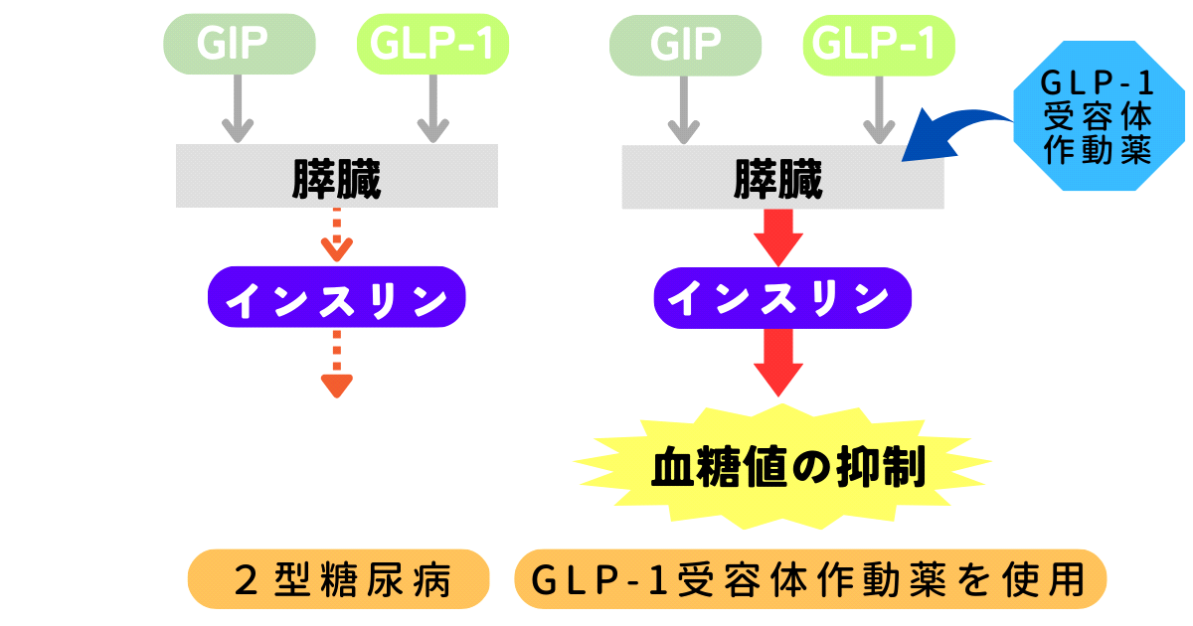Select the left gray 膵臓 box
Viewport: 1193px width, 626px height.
pos(336,177)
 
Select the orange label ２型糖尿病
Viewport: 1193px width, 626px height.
pos(339,579)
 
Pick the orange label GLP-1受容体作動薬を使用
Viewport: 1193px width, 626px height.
pos(810,579)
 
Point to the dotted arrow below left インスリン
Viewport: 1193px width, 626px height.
pos(337,363)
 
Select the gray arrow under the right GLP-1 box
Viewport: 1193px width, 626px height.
pos(877,109)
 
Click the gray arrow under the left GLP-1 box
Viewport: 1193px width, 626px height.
pos(432,109)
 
